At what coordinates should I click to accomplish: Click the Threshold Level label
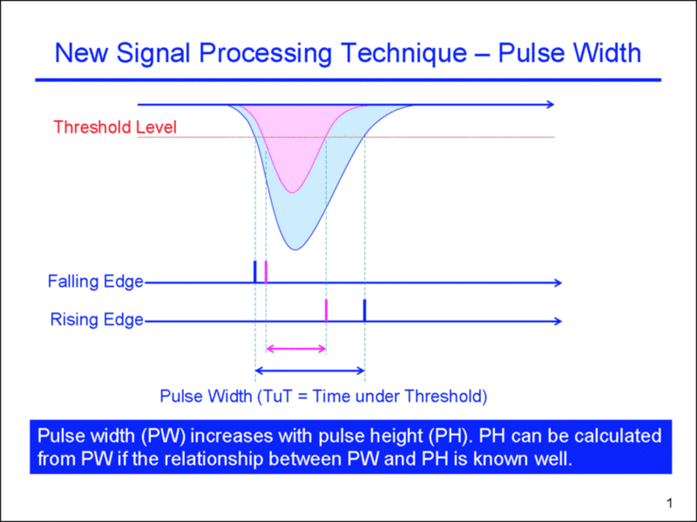pos(115,127)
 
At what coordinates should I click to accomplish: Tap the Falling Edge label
pos(95,281)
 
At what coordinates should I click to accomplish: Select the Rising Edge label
pos(97,320)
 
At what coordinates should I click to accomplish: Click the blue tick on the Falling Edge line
pos(255,271)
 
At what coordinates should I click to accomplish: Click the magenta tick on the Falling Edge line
pos(266,271)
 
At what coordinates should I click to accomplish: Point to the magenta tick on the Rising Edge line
pos(326,310)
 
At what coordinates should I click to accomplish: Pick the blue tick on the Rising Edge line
pos(365,310)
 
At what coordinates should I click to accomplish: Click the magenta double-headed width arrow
pos(296,348)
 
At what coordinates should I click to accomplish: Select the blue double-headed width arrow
pos(309,371)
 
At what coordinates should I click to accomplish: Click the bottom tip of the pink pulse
pos(293,192)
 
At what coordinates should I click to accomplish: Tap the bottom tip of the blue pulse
pos(296,249)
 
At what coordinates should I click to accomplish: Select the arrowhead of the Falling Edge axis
pos(557,283)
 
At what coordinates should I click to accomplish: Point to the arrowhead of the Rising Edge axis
pos(557,321)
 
